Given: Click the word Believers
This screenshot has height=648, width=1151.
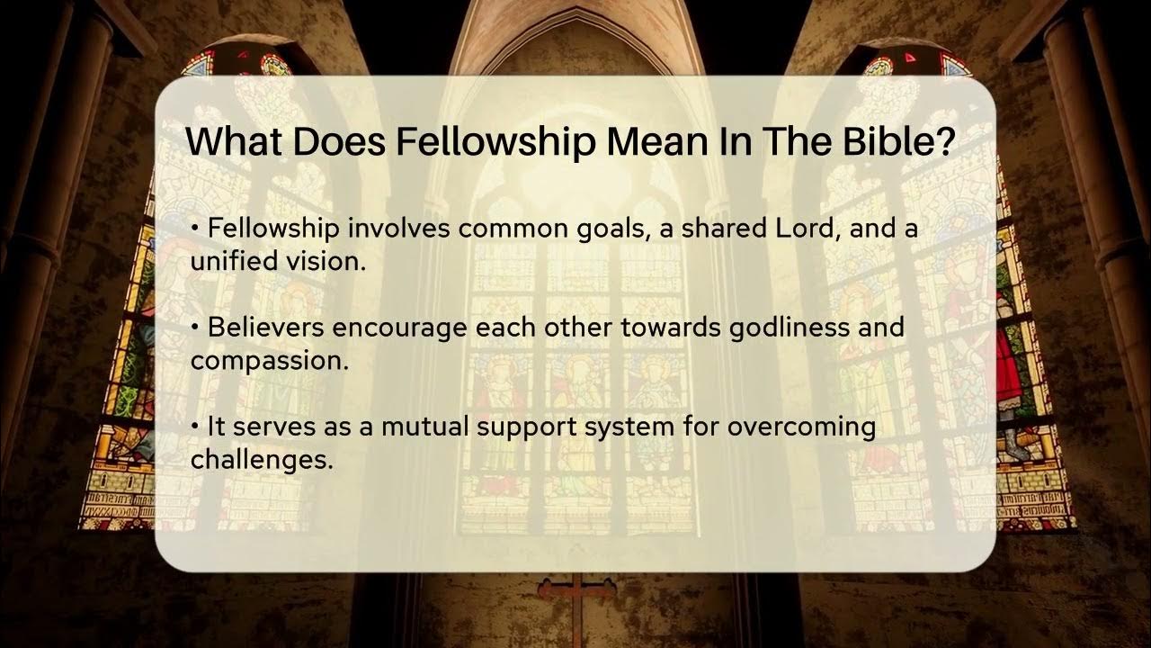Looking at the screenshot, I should [x=266, y=327].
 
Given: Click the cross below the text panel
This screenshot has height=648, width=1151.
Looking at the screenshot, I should [x=576, y=594].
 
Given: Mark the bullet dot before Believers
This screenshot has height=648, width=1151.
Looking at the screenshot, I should [x=195, y=327].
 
